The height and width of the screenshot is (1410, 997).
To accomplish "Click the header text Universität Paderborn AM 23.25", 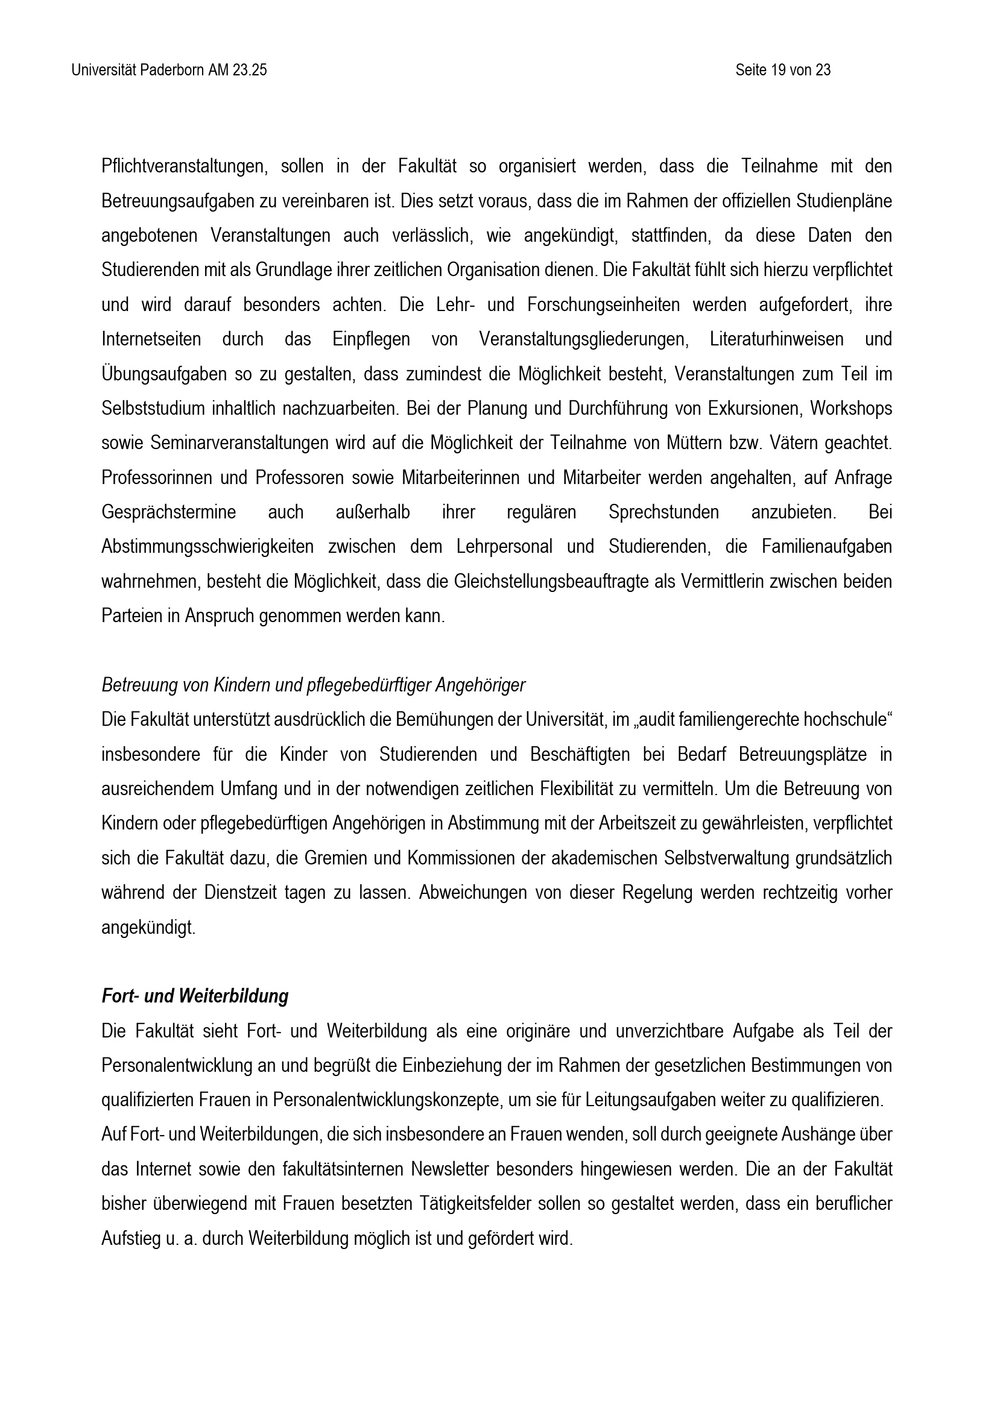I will pyautogui.click(x=169, y=71).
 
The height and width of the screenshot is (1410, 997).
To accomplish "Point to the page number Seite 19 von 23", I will pyautogui.click(x=783, y=71).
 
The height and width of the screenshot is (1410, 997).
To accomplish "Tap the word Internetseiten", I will pyautogui.click(x=151, y=339).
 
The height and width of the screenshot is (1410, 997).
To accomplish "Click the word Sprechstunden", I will pyautogui.click(x=663, y=513).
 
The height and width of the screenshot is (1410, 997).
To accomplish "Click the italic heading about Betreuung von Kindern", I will pyautogui.click(x=313, y=685).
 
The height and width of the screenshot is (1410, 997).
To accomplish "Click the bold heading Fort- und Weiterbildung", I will pyautogui.click(x=195, y=996).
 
